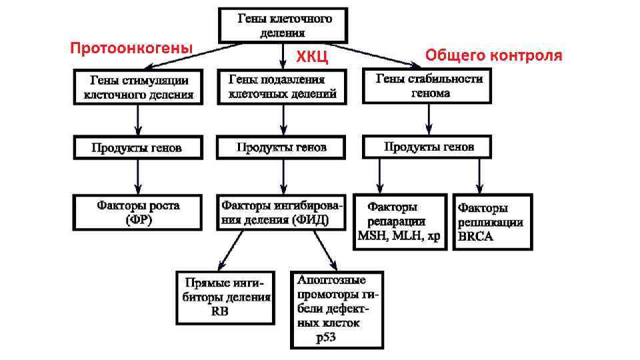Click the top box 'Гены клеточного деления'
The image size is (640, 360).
point(285,25)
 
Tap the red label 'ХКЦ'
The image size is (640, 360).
point(312,57)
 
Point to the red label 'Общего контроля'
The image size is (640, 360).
point(493,55)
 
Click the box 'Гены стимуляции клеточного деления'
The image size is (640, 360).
point(138,87)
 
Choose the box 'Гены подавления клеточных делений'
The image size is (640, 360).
point(282,87)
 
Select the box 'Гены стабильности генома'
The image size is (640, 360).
point(427,87)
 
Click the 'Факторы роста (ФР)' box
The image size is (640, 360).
point(139,212)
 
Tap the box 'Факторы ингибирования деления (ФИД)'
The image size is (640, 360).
point(283,212)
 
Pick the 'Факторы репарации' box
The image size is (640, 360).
point(399,221)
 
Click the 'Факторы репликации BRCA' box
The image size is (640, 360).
point(492,221)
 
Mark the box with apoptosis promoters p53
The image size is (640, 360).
point(338,309)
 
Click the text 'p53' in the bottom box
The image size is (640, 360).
point(326,337)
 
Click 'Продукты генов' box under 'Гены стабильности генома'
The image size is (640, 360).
point(427,146)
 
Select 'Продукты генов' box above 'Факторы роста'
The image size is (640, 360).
point(138,147)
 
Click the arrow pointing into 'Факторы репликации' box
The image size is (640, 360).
point(479,177)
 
